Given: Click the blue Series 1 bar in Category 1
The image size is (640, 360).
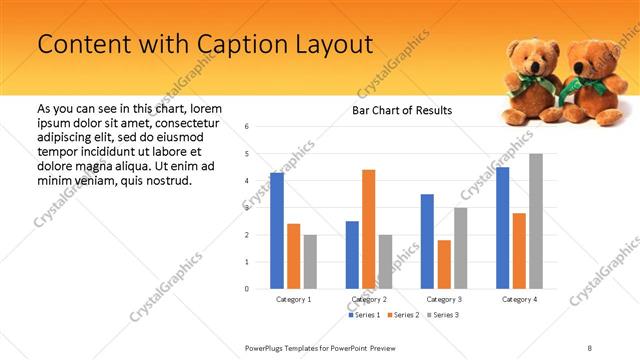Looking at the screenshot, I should tap(277, 231).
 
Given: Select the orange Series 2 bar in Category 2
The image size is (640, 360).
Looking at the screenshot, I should tap(369, 229).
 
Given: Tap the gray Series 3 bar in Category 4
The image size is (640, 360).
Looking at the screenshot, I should tap(536, 221).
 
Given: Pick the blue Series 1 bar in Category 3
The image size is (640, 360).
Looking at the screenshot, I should tap(427, 241).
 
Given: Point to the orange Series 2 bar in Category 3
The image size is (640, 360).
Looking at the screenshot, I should tap(444, 264).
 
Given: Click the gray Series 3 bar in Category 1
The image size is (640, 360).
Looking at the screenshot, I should tap(310, 262).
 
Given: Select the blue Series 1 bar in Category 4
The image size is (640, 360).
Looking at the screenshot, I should tap(502, 228).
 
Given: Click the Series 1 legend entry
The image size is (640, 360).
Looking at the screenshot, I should tap(364, 316).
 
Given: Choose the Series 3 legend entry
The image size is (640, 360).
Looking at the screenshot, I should tap(444, 316).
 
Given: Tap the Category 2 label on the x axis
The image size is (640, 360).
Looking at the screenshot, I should tap(369, 299).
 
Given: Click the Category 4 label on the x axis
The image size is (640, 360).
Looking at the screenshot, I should tap(519, 299).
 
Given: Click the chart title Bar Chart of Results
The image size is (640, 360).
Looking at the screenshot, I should tap(402, 110).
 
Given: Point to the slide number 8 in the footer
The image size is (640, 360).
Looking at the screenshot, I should tap(590, 348).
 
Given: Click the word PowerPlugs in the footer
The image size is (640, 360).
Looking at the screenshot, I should tap(265, 348).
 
